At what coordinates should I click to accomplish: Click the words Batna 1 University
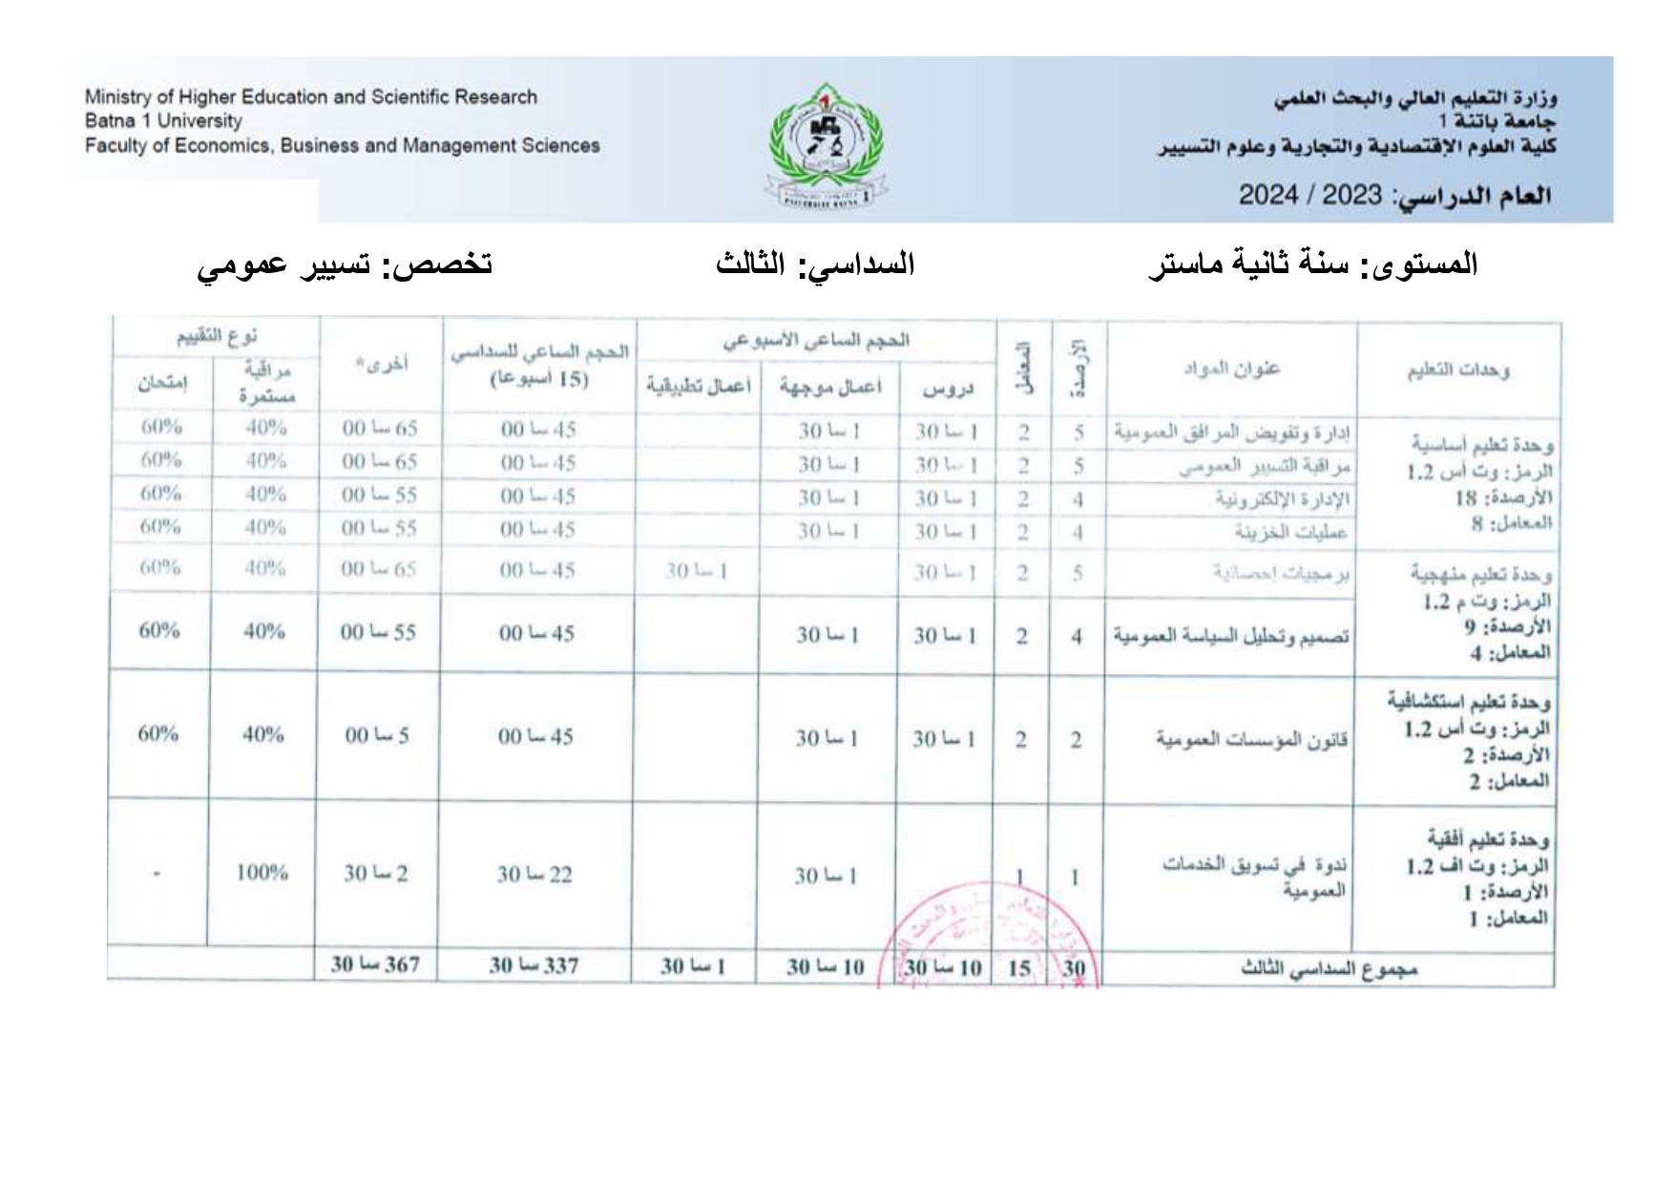(x=163, y=121)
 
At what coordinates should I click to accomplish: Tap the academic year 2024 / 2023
(x=1309, y=195)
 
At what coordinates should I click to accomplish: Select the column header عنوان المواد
(x=1231, y=369)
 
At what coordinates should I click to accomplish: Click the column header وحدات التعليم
(x=1457, y=370)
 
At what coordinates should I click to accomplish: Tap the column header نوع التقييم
(x=217, y=337)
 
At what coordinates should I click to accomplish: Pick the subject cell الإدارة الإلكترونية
(x=1282, y=499)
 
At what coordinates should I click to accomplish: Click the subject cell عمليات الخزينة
(x=1290, y=532)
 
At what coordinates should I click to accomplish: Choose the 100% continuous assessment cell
(x=262, y=872)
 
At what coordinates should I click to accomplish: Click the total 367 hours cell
(x=375, y=965)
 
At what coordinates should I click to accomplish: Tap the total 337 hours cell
(x=534, y=966)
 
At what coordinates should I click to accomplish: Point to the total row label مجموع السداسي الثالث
(x=1328, y=968)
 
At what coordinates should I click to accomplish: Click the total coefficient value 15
(x=1019, y=968)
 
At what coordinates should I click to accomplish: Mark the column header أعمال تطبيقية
(x=698, y=386)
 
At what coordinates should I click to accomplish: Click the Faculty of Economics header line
(x=342, y=146)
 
